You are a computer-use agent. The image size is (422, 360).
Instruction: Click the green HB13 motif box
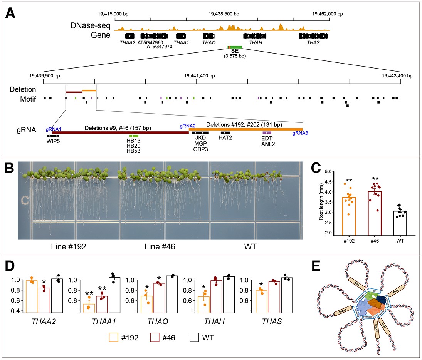[x=133, y=136]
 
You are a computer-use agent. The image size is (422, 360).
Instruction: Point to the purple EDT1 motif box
[x=267, y=132]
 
